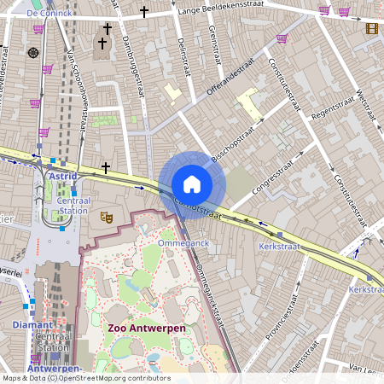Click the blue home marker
[x=192, y=183]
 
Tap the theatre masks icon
[x=107, y=218]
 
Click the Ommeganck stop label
[x=184, y=243]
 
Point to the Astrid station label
[x=63, y=176]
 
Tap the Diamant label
[x=33, y=325]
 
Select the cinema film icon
[x=371, y=28]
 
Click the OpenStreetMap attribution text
[x=85, y=378]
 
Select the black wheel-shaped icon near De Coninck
[x=33, y=53]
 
